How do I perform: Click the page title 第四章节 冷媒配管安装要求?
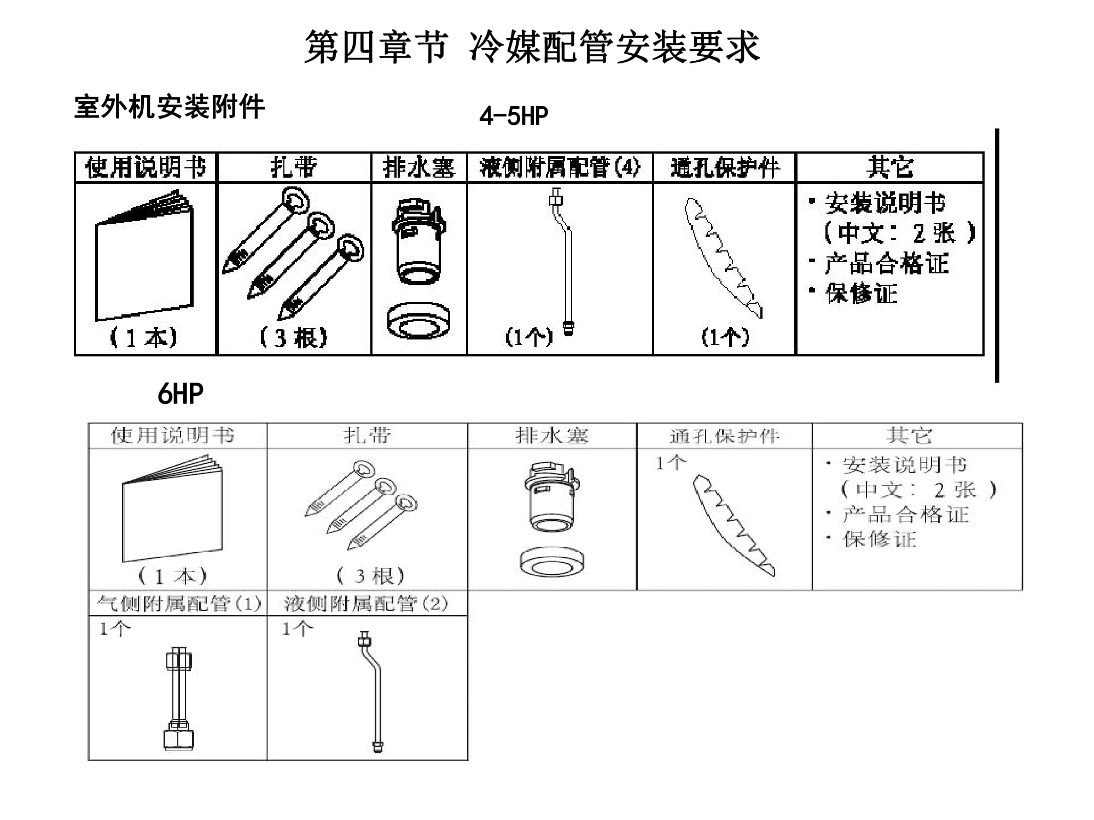coord(532,47)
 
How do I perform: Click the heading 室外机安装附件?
coord(169,107)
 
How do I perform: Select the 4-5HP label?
coord(513,116)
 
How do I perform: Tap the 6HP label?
coord(180,394)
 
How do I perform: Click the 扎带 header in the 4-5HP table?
coord(294,167)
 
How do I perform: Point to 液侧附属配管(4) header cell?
coord(559,167)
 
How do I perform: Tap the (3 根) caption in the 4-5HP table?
coord(294,338)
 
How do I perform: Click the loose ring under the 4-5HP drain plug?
coord(418,321)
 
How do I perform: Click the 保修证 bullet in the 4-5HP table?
coord(862,294)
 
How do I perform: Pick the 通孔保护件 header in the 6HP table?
coord(724,436)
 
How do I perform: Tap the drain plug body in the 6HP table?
coord(551,497)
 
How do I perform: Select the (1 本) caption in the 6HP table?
coord(172,576)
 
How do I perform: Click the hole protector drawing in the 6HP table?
coord(733,525)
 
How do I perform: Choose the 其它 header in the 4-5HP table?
coord(889,167)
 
